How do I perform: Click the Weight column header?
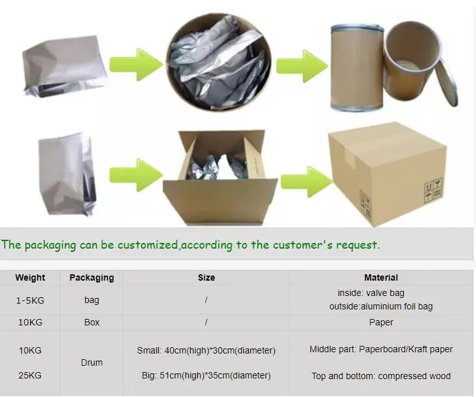(x=30, y=277)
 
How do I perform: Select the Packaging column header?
(x=91, y=277)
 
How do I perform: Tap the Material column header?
(x=381, y=277)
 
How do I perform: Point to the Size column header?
(x=206, y=277)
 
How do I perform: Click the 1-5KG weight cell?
(x=30, y=299)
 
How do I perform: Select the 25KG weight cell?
(x=30, y=375)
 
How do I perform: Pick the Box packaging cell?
(x=91, y=322)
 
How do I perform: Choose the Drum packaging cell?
(x=91, y=362)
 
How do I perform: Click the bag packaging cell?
(x=91, y=299)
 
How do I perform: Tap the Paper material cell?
(x=381, y=322)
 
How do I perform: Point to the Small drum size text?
(x=206, y=350)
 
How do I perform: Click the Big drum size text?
(x=206, y=375)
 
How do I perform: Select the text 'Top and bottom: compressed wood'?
(x=381, y=375)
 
